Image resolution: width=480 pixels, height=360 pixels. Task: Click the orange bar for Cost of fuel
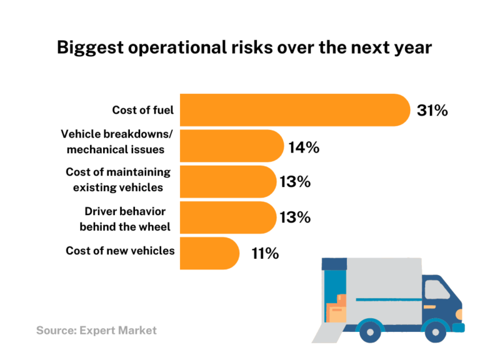tap(294, 110)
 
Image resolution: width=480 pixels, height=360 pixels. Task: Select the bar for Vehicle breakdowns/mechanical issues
tap(231, 146)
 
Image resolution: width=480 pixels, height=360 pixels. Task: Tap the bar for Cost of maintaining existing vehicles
tap(227, 182)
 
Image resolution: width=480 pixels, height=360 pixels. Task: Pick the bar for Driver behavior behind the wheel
tap(227, 217)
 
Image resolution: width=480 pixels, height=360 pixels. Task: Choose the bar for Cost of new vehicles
tap(209, 253)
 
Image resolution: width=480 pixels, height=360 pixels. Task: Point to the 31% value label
tap(432, 111)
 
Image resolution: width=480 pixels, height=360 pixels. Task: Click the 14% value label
tap(304, 147)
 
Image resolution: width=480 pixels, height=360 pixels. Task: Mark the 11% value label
tap(265, 254)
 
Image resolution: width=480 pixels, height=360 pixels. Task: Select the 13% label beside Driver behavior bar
tap(295, 218)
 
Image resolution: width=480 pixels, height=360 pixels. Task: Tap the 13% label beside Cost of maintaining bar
tap(295, 182)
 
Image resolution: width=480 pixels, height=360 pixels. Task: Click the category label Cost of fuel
tap(142, 111)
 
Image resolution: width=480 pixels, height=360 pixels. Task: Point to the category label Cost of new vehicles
tap(120, 251)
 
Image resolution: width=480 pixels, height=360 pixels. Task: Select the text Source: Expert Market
tap(96, 330)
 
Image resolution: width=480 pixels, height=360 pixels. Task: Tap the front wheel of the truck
tap(436, 329)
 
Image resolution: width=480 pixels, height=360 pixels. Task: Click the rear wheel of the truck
tap(370, 329)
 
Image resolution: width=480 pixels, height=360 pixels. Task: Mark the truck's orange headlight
tap(459, 312)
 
